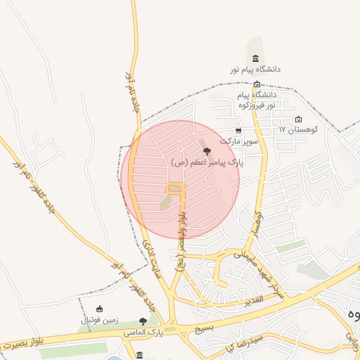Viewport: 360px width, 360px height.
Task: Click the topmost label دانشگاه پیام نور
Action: click(x=255, y=70)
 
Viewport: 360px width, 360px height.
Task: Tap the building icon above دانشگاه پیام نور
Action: click(x=255, y=58)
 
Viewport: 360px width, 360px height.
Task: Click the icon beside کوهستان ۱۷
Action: click(x=299, y=119)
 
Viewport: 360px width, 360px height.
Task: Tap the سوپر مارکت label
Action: click(x=239, y=141)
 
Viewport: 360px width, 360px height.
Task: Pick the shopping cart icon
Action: click(x=239, y=131)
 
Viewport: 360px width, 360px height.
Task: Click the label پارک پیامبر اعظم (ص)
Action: click(x=207, y=162)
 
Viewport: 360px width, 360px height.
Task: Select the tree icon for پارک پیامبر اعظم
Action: click(x=206, y=150)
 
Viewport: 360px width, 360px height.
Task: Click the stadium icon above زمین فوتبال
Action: click(x=99, y=309)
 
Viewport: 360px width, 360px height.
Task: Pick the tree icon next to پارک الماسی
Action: click(x=143, y=321)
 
